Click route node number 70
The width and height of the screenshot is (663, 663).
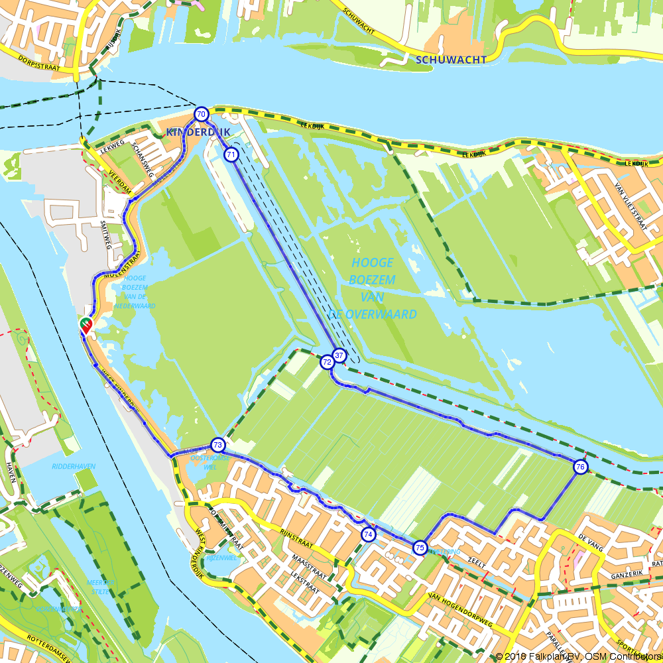click(x=201, y=114)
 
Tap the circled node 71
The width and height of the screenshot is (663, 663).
click(x=231, y=154)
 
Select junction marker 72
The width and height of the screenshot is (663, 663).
click(x=327, y=362)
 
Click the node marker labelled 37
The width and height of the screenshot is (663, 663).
click(x=339, y=355)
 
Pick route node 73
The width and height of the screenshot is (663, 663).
click(x=217, y=444)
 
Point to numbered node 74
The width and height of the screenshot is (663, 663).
click(x=368, y=534)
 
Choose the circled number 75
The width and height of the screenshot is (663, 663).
click(x=420, y=548)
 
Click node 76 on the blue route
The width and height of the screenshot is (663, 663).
click(x=581, y=467)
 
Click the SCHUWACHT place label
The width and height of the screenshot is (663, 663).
click(x=451, y=60)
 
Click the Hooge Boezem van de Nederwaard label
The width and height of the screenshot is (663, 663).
click(x=135, y=292)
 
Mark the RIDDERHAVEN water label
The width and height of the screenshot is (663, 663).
click(x=73, y=467)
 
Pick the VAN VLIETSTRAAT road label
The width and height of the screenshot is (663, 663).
click(x=631, y=206)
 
